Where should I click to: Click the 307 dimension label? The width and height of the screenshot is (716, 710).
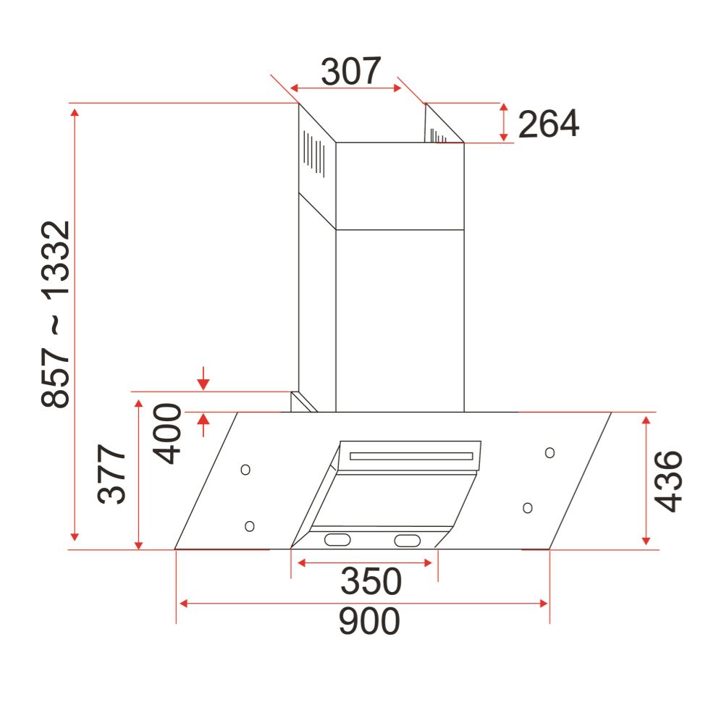350,72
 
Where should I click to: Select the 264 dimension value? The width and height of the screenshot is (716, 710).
548,124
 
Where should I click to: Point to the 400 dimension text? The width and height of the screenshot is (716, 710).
167,434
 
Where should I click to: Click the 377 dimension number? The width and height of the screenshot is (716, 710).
112,476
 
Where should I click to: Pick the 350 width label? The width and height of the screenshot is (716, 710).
371,581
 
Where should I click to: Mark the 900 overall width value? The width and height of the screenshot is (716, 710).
369,621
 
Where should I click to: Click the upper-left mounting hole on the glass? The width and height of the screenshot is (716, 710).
245,470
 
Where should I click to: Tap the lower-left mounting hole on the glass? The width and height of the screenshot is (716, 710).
250,525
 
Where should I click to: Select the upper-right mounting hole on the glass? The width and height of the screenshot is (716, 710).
549,452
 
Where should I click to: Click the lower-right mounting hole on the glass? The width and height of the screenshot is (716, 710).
528,507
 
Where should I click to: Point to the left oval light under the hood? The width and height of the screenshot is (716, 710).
337,539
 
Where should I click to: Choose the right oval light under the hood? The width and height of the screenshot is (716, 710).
407,540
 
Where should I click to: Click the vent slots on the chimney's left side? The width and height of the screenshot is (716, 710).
313,152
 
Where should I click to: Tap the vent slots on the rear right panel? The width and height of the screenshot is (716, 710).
439,135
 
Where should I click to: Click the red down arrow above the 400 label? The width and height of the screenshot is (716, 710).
203,379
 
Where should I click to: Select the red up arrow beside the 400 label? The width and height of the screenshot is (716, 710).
203,423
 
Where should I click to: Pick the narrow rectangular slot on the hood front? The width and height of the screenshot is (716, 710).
411,457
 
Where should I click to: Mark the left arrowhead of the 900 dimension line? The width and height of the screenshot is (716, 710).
183,603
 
